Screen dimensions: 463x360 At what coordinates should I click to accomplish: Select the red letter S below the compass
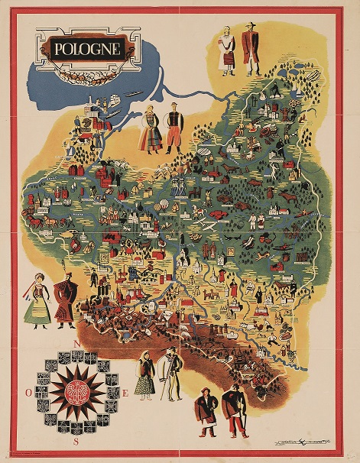click(x=75, y=441)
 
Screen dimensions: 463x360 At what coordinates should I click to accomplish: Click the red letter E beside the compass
click(x=125, y=393)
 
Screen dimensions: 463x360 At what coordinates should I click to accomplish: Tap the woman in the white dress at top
click(x=227, y=51)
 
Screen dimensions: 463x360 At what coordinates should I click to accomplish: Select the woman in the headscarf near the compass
click(x=144, y=374)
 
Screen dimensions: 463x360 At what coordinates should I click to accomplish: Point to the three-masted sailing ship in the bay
click(x=116, y=100)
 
